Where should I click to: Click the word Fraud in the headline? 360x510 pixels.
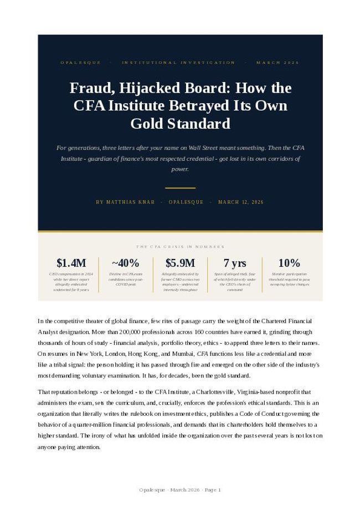[x=88, y=88]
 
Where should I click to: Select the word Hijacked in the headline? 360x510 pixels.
[x=139, y=88]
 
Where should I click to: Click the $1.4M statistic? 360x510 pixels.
[x=71, y=263]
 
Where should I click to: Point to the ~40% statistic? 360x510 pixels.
[x=125, y=263]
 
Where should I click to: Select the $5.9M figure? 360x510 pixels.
[x=180, y=263]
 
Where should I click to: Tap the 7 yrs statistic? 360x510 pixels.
[x=235, y=263]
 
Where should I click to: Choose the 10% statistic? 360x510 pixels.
[x=289, y=263]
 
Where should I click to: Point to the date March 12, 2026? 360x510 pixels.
[x=241, y=202]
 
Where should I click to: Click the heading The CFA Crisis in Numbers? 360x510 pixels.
[x=180, y=247]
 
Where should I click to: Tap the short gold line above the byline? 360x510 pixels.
[x=180, y=188]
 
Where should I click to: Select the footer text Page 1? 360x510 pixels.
[x=213, y=489]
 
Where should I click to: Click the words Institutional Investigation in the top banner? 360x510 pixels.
[x=178, y=63]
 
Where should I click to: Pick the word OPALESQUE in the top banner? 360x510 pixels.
[x=81, y=63]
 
